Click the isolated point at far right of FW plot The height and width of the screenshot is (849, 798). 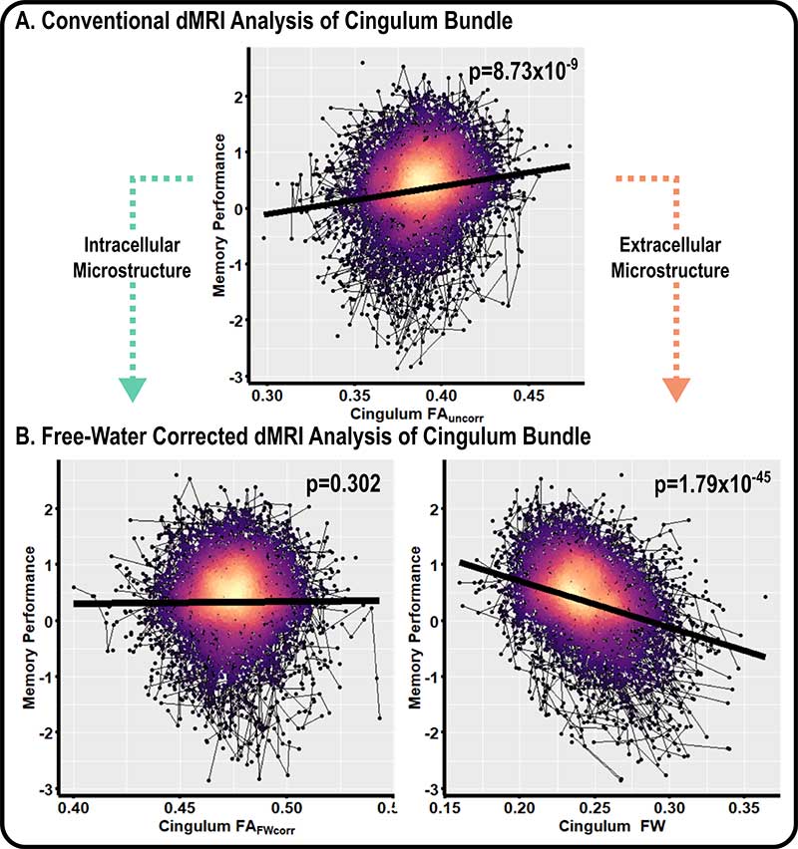click(x=765, y=597)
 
